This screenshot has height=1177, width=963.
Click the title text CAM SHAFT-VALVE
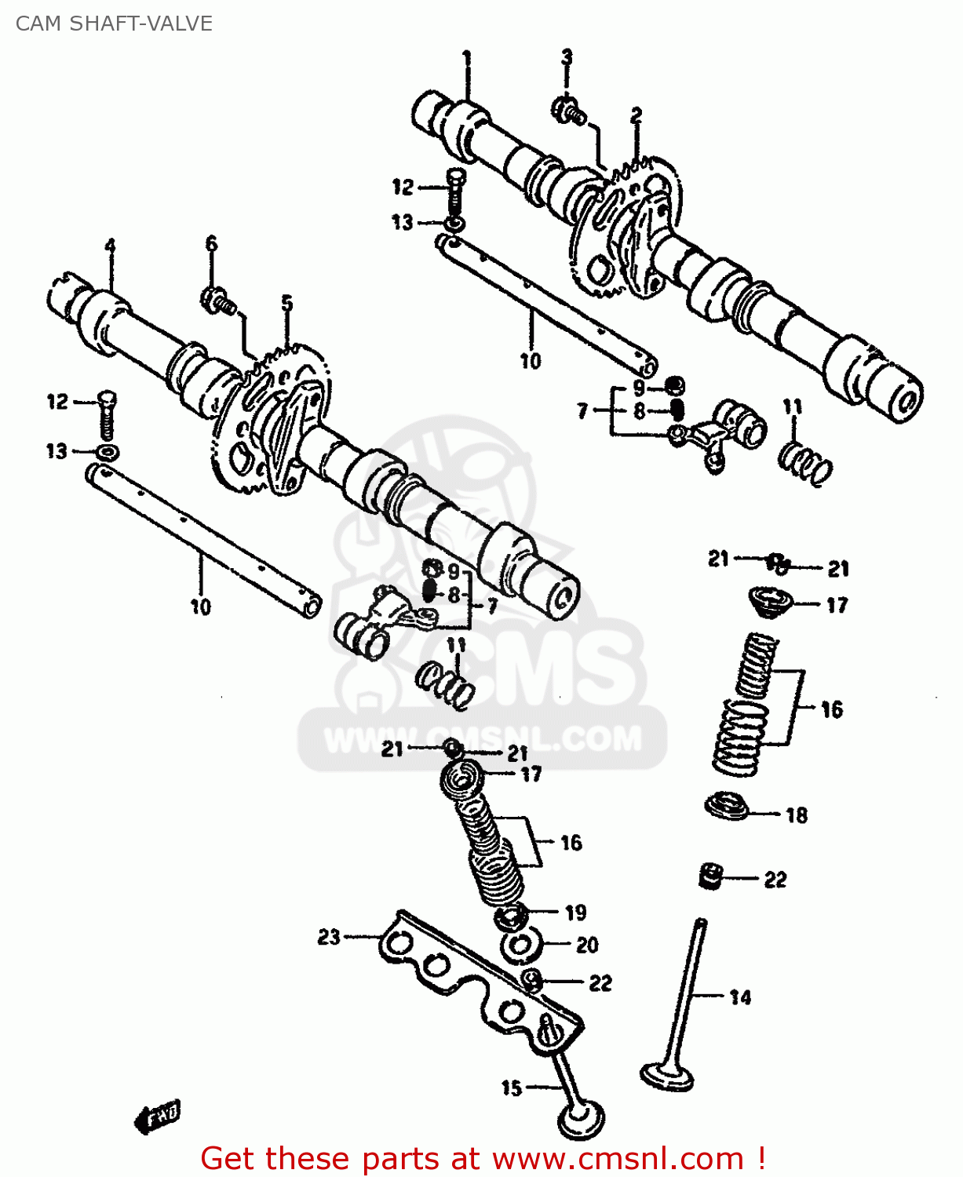click(114, 24)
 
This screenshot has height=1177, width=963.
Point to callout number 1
click(467, 58)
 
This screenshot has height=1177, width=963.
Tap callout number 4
click(110, 246)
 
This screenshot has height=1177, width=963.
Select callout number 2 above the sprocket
click(636, 115)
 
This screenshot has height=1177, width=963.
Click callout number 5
click(287, 303)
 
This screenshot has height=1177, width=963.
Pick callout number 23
click(329, 936)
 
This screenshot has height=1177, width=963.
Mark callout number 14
click(740, 997)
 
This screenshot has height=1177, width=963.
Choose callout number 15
click(512, 1088)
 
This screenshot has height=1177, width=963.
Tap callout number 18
click(797, 815)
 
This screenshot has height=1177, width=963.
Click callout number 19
click(575, 912)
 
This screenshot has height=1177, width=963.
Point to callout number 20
click(587, 945)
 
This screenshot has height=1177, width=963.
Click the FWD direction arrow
click(158, 1115)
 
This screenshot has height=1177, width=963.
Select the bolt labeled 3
click(569, 111)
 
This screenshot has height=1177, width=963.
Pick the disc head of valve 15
click(582, 1120)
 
